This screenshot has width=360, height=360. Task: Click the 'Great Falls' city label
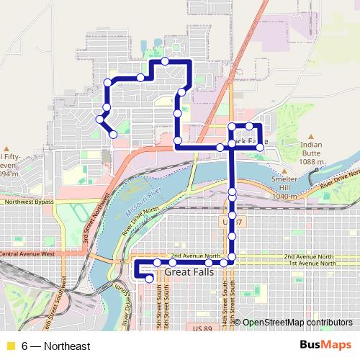coord(189,273)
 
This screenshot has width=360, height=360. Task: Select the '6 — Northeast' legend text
coord(56,346)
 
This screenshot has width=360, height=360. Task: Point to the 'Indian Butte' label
coord(311,148)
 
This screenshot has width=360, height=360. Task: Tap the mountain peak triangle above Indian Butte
coord(311,135)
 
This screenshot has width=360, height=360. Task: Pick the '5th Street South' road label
coord(158,302)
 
